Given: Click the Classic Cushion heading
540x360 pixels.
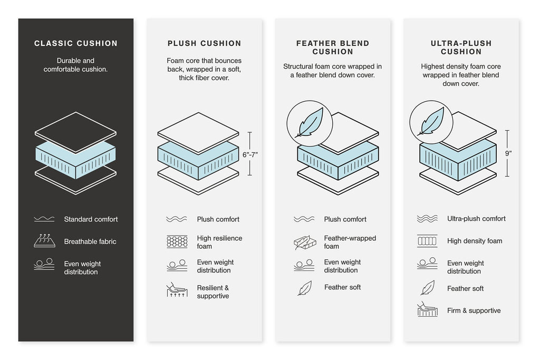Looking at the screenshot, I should click(x=76, y=43).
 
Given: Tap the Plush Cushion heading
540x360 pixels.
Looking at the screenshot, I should click(x=204, y=43).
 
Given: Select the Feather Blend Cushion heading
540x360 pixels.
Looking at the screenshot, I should click(x=332, y=47).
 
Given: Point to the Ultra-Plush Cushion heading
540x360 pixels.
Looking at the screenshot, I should click(x=461, y=47).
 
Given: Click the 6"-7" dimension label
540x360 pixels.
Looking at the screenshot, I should click(x=250, y=154).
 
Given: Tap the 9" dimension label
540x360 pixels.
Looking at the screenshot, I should click(x=508, y=153).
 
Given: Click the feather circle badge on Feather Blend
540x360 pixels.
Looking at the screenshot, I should click(x=309, y=123).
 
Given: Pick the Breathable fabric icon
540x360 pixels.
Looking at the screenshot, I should click(x=45, y=241).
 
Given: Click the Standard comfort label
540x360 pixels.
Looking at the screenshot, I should click(x=91, y=219).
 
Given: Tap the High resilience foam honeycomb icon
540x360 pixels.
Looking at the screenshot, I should click(x=177, y=242).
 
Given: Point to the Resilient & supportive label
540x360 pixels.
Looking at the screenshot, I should click(x=213, y=292).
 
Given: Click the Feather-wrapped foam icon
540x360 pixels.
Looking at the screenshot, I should click(x=304, y=242).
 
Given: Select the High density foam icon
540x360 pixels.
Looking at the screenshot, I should click(x=427, y=241).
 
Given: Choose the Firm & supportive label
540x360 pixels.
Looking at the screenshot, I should click(x=474, y=310).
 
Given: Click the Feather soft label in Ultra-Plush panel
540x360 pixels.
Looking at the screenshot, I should click(x=465, y=288).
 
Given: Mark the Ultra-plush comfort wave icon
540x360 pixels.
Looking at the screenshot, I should click(x=427, y=219).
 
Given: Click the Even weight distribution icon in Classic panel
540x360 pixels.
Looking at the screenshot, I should click(x=45, y=265).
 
